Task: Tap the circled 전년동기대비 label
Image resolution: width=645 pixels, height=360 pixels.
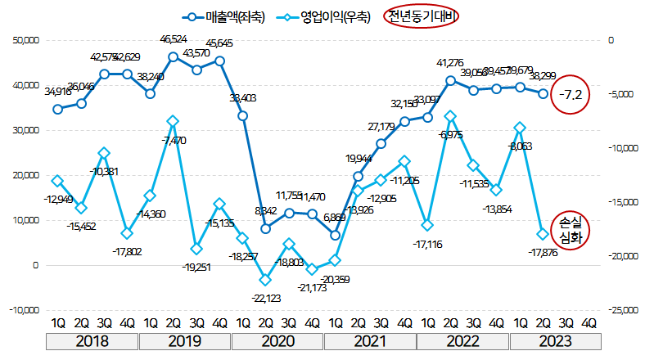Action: point(422,16)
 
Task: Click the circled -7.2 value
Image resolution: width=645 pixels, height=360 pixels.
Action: point(571,95)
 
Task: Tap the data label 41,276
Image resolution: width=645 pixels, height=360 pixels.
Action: point(450,62)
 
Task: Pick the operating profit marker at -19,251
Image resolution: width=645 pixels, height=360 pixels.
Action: point(196,249)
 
